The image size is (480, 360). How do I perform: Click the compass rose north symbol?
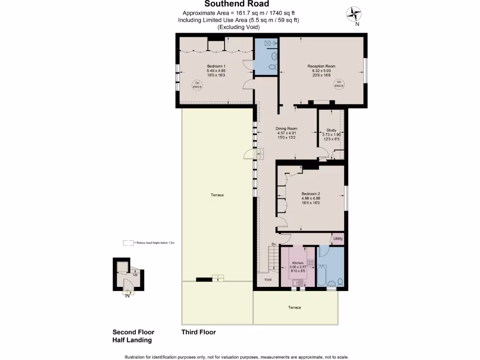point(354,15)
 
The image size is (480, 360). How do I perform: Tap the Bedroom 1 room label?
point(216,66)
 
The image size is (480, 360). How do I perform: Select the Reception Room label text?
point(321,66)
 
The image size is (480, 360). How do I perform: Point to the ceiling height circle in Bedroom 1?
point(195,85)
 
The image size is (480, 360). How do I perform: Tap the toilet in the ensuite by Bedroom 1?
point(271,67)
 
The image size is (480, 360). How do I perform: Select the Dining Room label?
point(286,128)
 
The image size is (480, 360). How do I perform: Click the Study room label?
point(331,130)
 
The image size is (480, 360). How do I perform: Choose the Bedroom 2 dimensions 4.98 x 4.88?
point(311,198)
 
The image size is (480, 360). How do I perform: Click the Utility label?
point(337,239)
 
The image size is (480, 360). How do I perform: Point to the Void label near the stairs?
point(268,279)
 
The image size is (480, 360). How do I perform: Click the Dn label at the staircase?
point(274,245)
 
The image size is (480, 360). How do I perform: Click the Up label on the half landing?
point(135,275)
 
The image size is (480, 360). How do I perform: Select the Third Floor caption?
point(198,332)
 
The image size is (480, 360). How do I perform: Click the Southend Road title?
point(237,4)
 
